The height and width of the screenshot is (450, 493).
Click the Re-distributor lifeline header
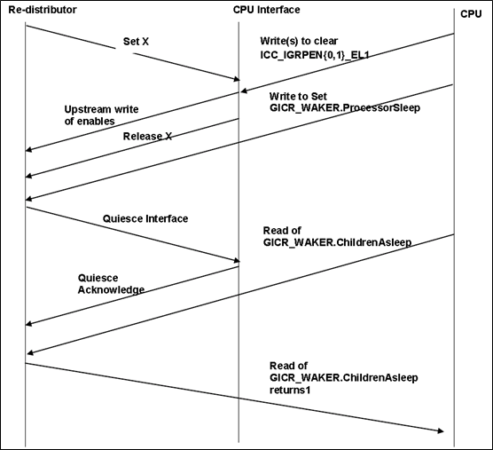point(43,10)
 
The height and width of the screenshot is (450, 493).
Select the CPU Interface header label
point(265,10)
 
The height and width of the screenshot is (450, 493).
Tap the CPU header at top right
point(471,13)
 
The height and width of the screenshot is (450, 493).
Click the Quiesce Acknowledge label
point(111,283)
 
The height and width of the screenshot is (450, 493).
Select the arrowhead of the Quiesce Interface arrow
point(235,260)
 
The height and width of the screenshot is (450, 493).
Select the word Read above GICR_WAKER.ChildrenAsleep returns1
point(282,366)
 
